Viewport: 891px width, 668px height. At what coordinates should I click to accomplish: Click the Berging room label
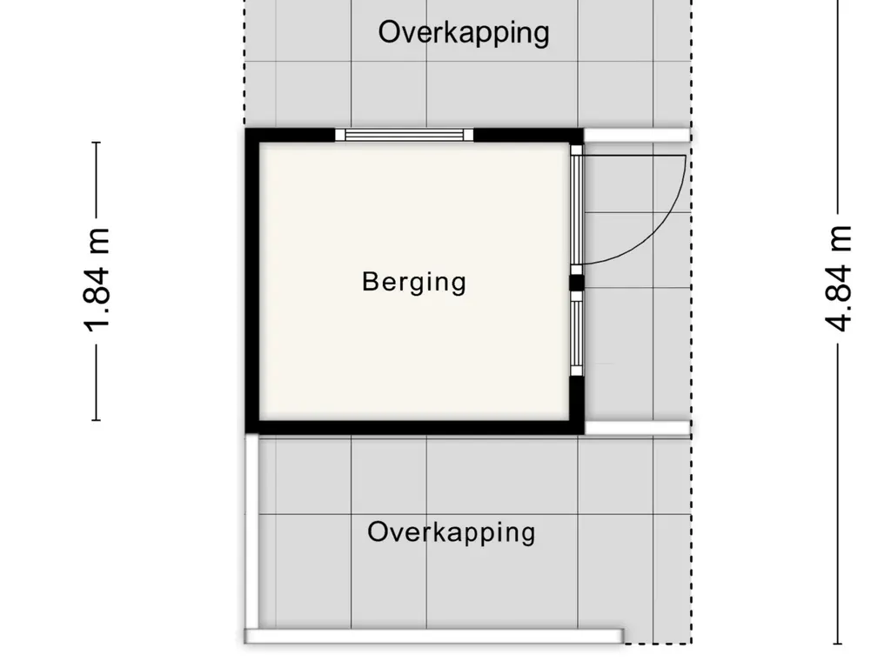414,283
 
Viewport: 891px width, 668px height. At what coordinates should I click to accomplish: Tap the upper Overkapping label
464,32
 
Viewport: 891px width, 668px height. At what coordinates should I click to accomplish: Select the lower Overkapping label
452,532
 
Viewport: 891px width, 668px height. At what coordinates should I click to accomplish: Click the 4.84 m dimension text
839,278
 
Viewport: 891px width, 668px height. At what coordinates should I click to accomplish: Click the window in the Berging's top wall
404,135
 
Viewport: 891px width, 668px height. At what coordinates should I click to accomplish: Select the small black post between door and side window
577,283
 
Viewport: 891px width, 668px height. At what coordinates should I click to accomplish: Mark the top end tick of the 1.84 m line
97,142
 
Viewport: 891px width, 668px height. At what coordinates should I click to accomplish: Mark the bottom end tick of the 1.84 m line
97,420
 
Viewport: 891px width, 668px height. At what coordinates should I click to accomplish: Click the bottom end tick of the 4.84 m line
838,644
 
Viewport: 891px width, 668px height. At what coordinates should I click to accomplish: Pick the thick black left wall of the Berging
252,282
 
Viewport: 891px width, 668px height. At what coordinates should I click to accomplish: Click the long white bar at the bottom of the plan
434,636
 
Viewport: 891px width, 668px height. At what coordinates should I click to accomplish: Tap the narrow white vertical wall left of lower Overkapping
251,531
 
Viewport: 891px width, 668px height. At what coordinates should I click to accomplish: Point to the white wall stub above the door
638,135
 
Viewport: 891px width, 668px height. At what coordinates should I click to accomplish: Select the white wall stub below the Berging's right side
638,428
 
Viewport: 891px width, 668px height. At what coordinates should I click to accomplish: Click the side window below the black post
577,333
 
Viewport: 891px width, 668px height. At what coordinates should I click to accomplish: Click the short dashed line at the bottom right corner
658,644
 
